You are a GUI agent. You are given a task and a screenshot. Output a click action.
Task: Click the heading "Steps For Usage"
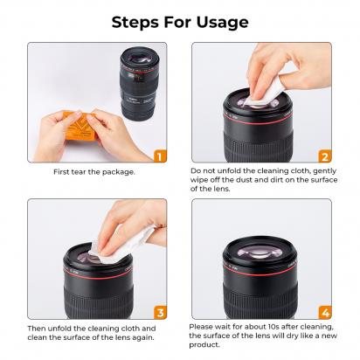pos(180,20)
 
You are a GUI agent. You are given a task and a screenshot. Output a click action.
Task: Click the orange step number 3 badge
pos(159,311)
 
